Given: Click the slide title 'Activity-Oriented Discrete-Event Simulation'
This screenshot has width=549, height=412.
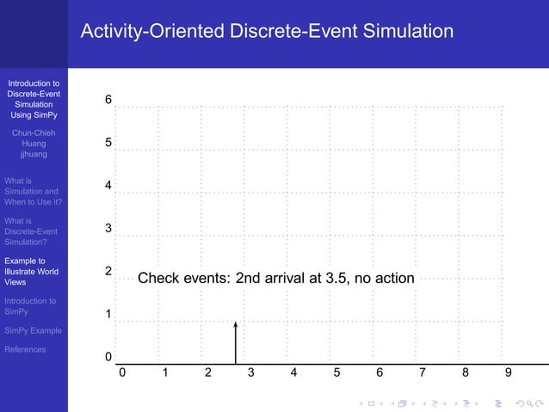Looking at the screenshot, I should pos(267,32).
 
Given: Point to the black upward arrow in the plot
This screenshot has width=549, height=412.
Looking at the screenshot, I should pos(235,342).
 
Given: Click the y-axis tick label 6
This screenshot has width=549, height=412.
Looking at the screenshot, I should pos(108,100).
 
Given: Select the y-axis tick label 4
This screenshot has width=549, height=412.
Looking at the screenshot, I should pos(108,186).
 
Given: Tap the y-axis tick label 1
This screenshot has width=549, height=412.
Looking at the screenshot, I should pos(108,315).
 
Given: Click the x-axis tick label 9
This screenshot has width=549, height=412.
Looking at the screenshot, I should pos(509,373).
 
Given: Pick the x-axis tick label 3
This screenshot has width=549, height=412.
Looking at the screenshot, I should pos(250,373).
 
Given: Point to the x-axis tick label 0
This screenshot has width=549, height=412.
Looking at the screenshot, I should pos(122,373).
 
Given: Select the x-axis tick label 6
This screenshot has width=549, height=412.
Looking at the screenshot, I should pos(379,373).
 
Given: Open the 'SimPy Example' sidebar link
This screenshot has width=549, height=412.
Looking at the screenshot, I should pos(34,330).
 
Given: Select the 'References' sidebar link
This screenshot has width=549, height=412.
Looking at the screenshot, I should pos(25,349).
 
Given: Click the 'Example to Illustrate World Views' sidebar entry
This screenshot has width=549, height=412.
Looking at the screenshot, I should pos(31,271).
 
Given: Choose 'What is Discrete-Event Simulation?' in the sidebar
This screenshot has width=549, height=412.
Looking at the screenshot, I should pos(31,231).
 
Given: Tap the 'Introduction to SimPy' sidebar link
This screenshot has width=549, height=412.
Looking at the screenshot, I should pos(30,306).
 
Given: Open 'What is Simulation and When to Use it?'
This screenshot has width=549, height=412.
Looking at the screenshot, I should pos(32,191).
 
